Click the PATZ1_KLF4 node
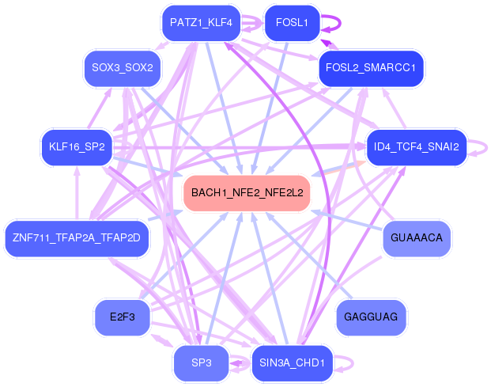click(200, 23)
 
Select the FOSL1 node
click(291, 23)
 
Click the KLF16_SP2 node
click(77, 147)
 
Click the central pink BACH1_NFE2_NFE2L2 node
click(246, 192)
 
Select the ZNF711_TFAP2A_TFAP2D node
click(77, 237)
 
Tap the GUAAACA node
click(417, 237)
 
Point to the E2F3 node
click(123, 317)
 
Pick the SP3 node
click(201, 362)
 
